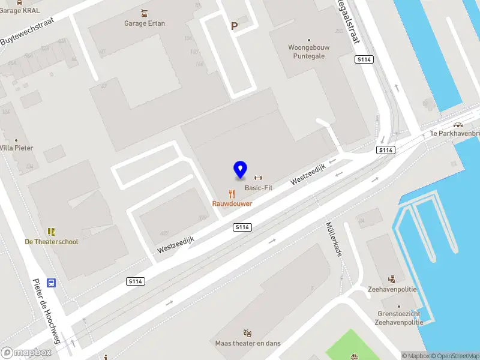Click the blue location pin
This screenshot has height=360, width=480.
(240, 170)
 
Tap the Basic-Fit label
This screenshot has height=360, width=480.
(258, 188)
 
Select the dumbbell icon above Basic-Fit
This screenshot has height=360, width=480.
(259, 177)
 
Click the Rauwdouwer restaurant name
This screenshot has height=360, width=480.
(232, 203)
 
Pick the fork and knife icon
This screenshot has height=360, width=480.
(232, 193)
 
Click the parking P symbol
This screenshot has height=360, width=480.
(234, 26)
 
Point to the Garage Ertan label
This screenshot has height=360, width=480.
(144, 23)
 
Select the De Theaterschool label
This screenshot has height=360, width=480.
(51, 242)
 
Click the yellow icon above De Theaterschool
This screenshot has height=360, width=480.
(51, 231)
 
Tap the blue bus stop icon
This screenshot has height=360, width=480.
(52, 283)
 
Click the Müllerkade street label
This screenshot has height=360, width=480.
(334, 239)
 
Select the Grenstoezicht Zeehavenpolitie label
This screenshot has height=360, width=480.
(398, 318)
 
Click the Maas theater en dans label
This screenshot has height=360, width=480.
(248, 343)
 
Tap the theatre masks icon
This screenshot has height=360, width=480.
(247, 332)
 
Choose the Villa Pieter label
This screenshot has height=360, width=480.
(16, 148)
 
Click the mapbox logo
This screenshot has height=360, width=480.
(26, 353)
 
